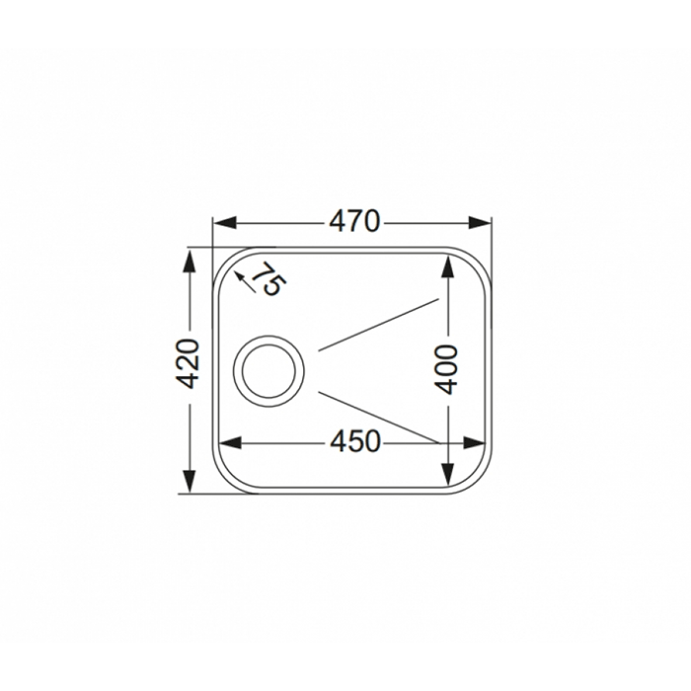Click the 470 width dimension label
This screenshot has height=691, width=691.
click(x=353, y=221)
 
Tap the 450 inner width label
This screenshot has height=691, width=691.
click(x=354, y=442)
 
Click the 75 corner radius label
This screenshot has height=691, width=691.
click(x=269, y=278)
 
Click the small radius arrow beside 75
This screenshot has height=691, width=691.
click(x=245, y=282)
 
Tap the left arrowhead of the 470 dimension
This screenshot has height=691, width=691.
click(x=225, y=222)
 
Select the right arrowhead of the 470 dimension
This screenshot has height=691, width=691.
click(x=479, y=222)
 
